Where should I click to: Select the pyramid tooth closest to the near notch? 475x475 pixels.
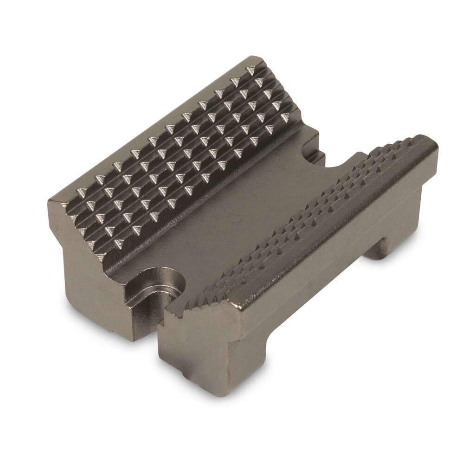point(117,241)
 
